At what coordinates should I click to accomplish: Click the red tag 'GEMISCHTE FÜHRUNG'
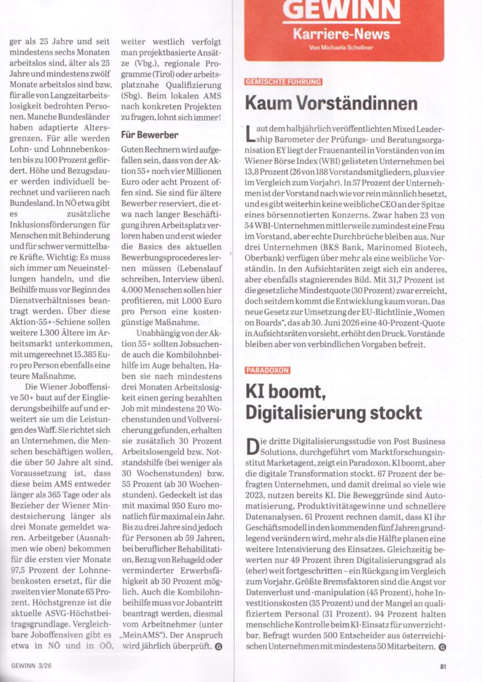coord(283,81)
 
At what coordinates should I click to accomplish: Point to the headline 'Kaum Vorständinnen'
coord(331,103)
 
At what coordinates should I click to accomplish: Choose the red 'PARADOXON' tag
coord(267,369)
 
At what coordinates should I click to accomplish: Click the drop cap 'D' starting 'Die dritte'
coord(252,445)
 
